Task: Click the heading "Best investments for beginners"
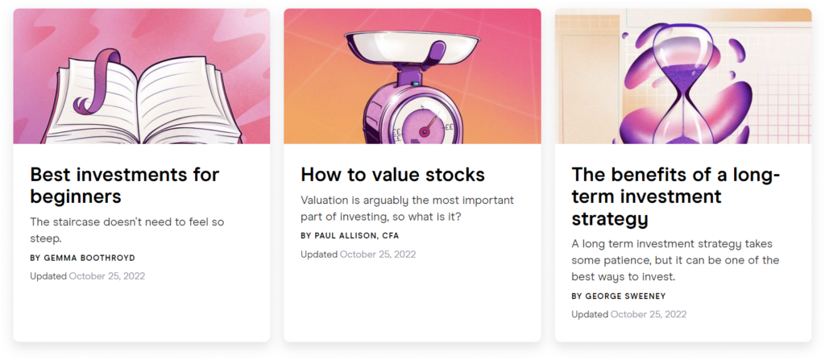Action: pyautogui.click(x=125, y=185)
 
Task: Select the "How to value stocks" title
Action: pyautogui.click(x=392, y=175)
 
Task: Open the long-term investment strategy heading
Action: pyautogui.click(x=676, y=197)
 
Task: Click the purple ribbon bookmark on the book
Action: pyautogui.click(x=98, y=80)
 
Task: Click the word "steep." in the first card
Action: pyautogui.click(x=46, y=239)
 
